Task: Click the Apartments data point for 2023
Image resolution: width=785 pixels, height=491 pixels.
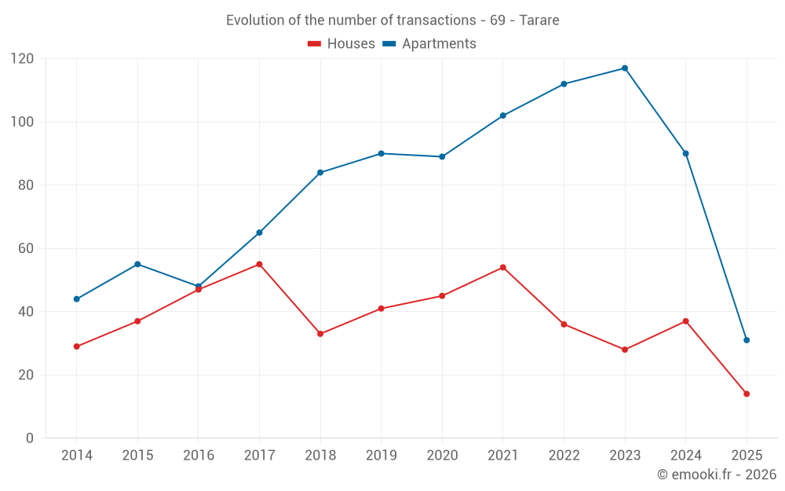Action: (x=625, y=68)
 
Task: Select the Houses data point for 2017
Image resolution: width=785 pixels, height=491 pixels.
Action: (x=259, y=264)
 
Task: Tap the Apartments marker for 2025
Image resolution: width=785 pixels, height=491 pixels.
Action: (x=747, y=340)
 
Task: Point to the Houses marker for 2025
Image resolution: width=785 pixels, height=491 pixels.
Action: (x=747, y=394)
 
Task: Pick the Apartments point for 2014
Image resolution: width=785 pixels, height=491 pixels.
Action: (x=77, y=299)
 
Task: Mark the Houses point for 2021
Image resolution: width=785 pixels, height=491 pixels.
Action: (x=503, y=267)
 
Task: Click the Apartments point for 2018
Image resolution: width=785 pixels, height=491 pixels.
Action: (x=320, y=173)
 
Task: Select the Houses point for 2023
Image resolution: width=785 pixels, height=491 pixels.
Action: (x=625, y=350)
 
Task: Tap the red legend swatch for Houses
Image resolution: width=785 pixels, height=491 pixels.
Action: (x=315, y=44)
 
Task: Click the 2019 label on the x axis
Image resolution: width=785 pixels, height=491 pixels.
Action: (x=382, y=456)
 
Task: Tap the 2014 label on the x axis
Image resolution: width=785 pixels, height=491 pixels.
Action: (x=77, y=456)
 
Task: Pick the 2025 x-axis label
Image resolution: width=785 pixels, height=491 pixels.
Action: (x=747, y=456)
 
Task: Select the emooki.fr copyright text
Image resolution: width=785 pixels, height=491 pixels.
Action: (x=717, y=475)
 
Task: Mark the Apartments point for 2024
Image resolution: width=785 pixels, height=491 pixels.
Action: (x=685, y=154)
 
